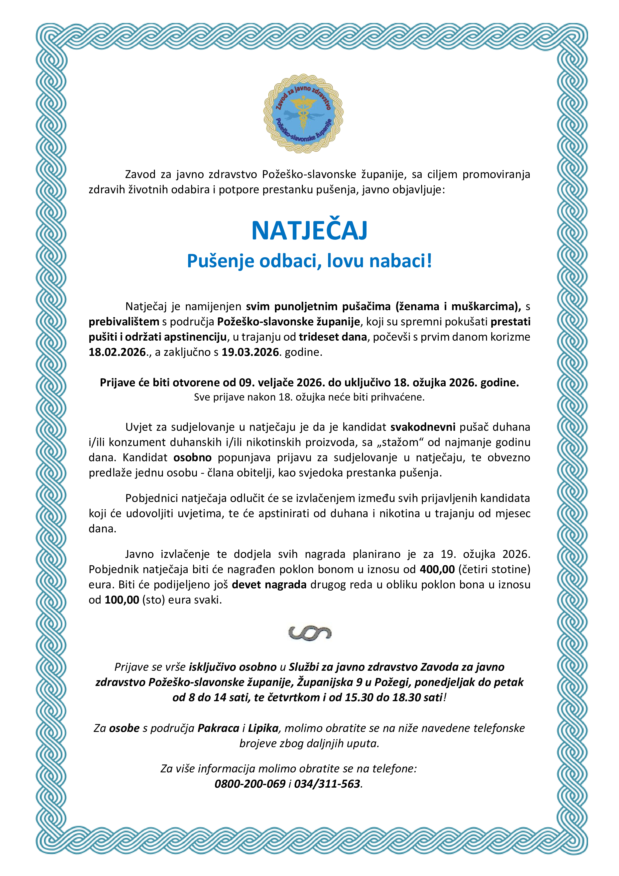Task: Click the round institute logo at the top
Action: tap(303, 114)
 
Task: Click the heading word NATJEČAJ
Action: tap(309, 230)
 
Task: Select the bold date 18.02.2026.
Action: tap(118, 352)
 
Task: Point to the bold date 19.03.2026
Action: tap(250, 352)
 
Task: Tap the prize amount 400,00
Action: tap(437, 569)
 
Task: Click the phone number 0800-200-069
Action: tap(250, 784)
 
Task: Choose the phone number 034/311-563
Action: tap(327, 784)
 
